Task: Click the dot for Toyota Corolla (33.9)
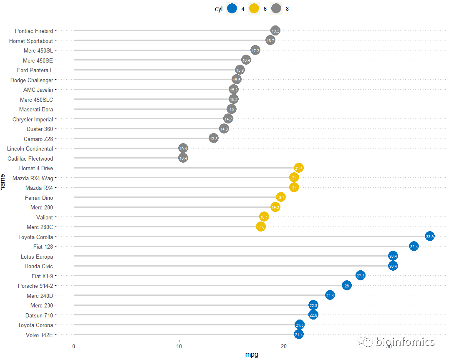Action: [430, 237]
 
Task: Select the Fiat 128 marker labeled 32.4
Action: [414, 247]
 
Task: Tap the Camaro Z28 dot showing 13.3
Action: [214, 138]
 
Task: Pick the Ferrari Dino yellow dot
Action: [281, 197]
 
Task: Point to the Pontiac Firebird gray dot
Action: [275, 30]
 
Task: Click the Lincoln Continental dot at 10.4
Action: [183, 148]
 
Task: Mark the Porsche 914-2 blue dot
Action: [346, 286]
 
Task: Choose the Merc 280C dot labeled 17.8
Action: [261, 227]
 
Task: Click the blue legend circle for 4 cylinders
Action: [232, 8]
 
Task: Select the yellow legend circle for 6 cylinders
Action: [254, 8]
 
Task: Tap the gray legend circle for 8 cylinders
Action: [276, 8]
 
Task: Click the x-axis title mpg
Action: [251, 355]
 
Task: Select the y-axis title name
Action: [4, 182]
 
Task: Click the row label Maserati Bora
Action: [36, 109]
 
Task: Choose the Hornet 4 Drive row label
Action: [36, 168]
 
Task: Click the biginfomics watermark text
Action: [405, 342]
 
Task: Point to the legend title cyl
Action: [218, 8]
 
